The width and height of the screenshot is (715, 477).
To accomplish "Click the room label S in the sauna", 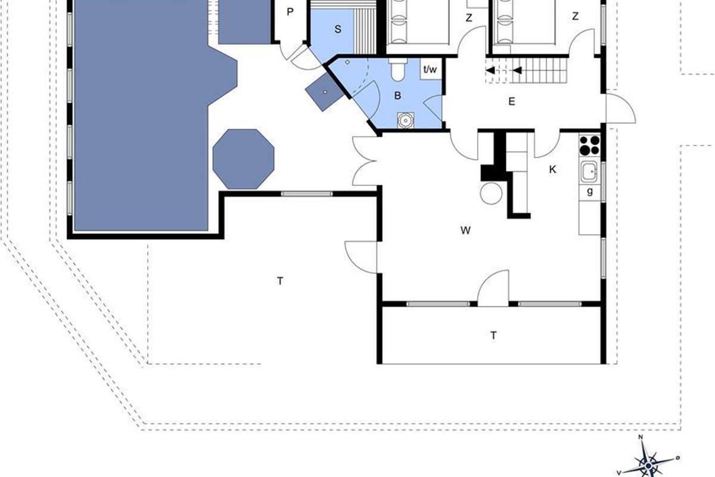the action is click(338, 29).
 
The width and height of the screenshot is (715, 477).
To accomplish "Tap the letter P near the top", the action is click(290, 12).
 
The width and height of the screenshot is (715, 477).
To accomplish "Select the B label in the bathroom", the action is click(397, 95).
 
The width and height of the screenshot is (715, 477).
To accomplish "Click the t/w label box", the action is click(430, 69).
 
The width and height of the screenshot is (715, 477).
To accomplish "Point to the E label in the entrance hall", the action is click(511, 101).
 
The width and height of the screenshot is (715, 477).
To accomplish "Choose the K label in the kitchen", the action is click(552, 169).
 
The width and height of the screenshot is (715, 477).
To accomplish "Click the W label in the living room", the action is click(465, 230).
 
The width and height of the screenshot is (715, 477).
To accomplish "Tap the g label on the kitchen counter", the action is click(590, 191).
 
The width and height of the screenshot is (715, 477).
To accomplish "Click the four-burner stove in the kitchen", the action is click(589, 145).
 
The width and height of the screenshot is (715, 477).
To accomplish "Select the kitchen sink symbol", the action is click(589, 172).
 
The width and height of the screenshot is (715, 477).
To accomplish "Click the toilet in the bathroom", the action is click(398, 69).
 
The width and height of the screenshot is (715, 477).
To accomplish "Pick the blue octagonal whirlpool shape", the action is click(244, 159).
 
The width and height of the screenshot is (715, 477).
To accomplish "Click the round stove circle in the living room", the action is click(491, 194).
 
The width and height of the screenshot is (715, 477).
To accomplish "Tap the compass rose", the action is click(648, 466).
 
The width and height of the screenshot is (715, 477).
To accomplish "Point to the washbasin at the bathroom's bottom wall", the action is click(405, 120).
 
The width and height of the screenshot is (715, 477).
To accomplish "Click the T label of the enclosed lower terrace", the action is click(493, 336).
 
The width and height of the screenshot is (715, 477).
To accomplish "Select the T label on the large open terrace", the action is click(280, 281).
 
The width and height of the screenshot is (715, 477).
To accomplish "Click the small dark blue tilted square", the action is click(325, 92).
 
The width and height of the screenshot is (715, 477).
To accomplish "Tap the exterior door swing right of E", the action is click(620, 107).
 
